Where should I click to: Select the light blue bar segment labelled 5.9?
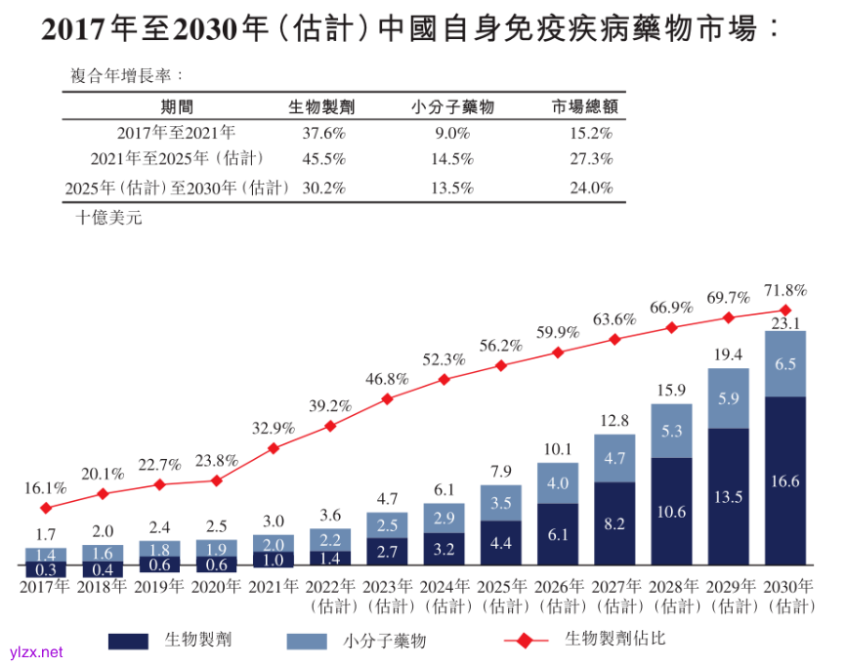click(728, 398)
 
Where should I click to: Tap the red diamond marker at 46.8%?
click(388, 398)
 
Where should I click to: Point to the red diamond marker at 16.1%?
click(46, 508)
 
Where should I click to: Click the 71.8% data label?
click(785, 290)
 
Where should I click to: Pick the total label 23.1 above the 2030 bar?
click(785, 322)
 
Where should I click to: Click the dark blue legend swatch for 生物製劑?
click(129, 641)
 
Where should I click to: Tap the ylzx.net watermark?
click(35, 651)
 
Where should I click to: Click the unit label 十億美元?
click(108, 218)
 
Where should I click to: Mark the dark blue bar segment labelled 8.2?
click(614, 523)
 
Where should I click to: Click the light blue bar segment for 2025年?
click(500, 504)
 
